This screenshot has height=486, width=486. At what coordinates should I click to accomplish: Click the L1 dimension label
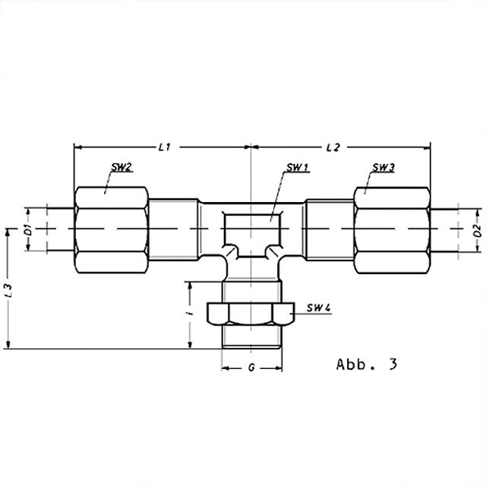[x=165, y=147]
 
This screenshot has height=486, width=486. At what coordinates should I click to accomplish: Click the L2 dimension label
[x=333, y=147]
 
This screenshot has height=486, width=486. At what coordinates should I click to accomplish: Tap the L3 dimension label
[x=10, y=290]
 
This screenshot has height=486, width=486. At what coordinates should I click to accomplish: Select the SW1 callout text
[x=297, y=168]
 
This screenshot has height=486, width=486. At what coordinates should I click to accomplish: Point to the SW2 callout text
[x=121, y=167]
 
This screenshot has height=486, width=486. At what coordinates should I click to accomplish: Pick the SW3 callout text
[x=383, y=168]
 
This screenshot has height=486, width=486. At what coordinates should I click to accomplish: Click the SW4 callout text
[x=319, y=308]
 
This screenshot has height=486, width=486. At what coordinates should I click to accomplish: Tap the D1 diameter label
[x=28, y=229]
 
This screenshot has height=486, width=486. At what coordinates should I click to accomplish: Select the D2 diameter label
[x=478, y=230]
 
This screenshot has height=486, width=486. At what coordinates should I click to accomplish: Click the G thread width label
[x=251, y=368]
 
